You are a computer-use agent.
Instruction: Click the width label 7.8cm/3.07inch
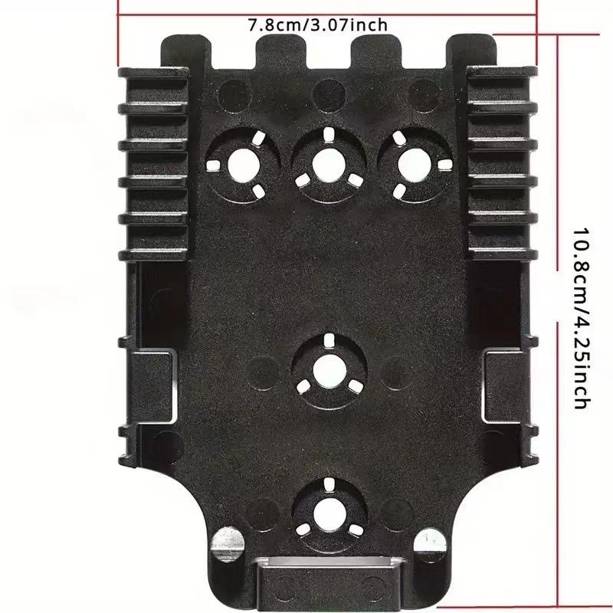coord(317,25)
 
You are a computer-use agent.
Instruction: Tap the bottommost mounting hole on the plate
coord(327,507)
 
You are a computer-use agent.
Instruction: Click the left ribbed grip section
coord(153,161)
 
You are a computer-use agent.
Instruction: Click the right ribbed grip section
coord(498,161)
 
